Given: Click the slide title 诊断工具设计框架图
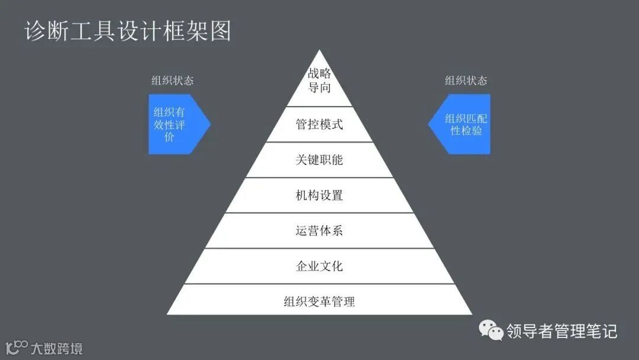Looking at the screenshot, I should coord(128,31).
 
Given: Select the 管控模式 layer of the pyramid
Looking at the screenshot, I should coord(319,124).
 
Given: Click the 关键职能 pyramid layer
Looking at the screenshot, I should coord(319,160).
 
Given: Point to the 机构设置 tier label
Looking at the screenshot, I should coord(319,195).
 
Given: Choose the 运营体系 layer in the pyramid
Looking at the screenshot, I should coord(319,231).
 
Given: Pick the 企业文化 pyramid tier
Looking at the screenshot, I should coord(319,266).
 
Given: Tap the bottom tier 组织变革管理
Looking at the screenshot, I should coord(319,301).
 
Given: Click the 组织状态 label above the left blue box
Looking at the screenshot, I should coord(172,81).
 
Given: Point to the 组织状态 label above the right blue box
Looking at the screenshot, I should coord(466,81).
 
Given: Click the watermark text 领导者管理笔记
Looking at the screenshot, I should coord(561,331).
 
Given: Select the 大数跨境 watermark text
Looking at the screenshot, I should coord(57,348).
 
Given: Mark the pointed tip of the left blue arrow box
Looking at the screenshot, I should coord(210,124).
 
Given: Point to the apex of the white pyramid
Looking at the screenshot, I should coord(319,51).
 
